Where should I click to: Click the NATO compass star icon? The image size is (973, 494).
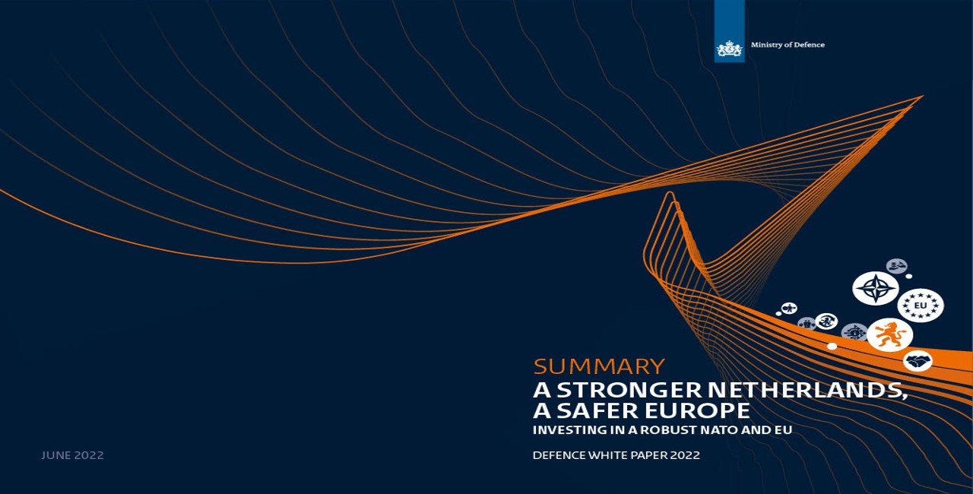pos(875,288)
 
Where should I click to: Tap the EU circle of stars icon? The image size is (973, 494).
pos(921,306)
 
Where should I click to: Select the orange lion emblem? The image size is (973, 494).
pos(889,334)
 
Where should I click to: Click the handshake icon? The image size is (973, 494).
pos(918,361)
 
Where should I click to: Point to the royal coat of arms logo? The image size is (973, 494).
pos(729,49)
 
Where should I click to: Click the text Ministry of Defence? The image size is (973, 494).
pos(788,45)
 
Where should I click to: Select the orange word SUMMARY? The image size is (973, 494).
pos(599,366)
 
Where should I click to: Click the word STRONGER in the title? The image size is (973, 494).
pos(629,390)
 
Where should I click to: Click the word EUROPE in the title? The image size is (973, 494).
pos(698,410)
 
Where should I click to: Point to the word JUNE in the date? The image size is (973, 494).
pos(56,455)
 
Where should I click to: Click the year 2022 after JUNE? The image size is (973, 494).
pos(89,455)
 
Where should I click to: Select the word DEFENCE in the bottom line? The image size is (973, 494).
pos(559,455)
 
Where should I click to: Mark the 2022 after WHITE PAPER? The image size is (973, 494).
pos(686,455)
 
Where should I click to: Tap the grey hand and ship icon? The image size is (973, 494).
pos(896,266)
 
